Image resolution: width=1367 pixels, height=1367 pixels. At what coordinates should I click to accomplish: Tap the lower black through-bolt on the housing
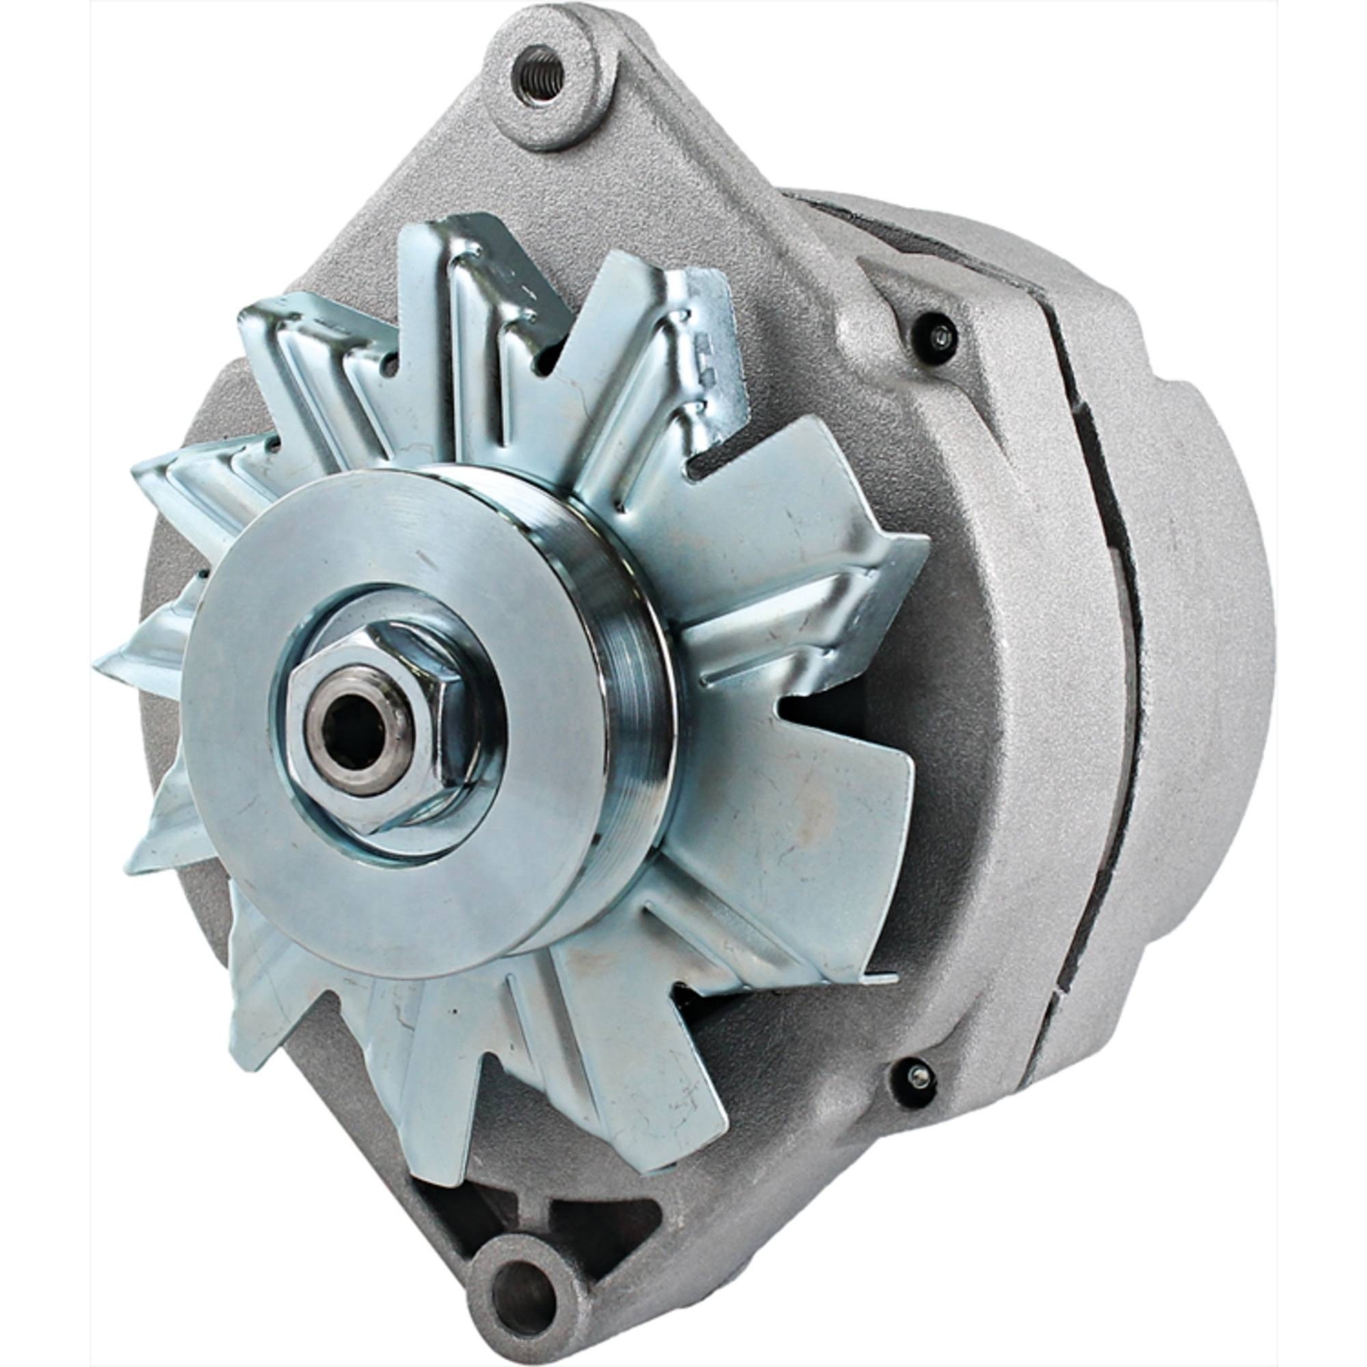tap(915, 1076)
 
